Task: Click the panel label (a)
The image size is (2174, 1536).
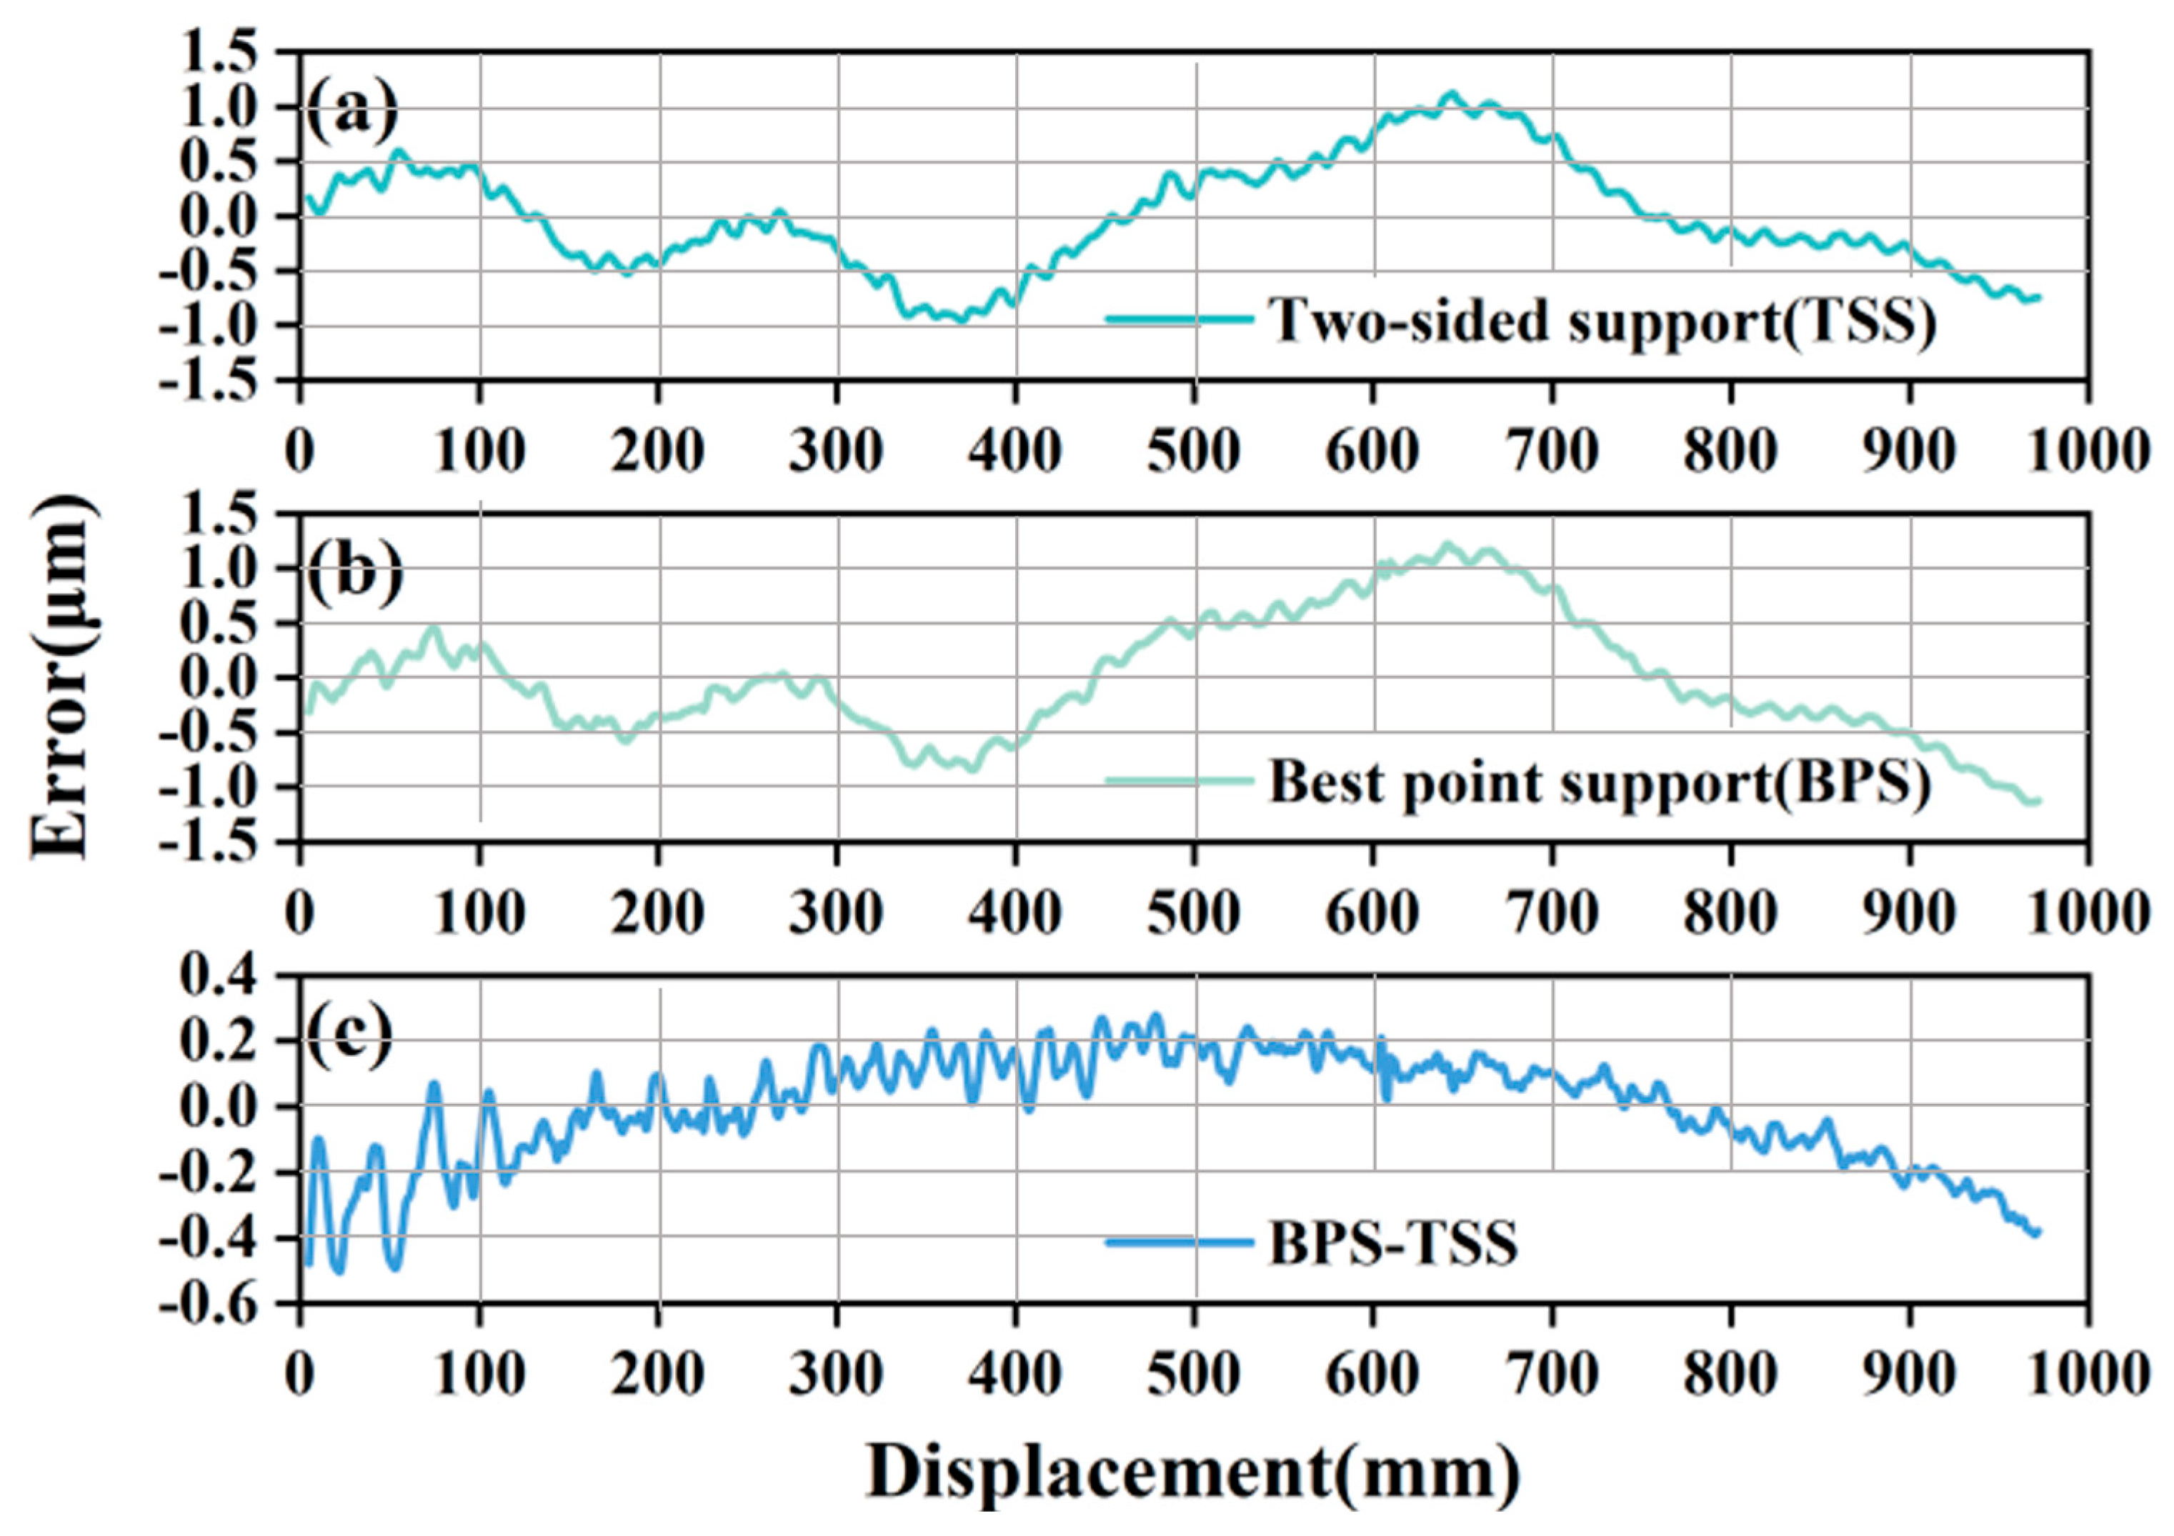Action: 352,110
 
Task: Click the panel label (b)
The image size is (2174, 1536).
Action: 352,572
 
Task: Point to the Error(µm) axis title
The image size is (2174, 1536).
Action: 64,678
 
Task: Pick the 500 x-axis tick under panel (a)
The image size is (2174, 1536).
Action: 1193,452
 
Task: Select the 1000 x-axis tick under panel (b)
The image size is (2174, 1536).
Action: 2093,914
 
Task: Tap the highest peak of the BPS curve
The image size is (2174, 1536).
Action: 1446,544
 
